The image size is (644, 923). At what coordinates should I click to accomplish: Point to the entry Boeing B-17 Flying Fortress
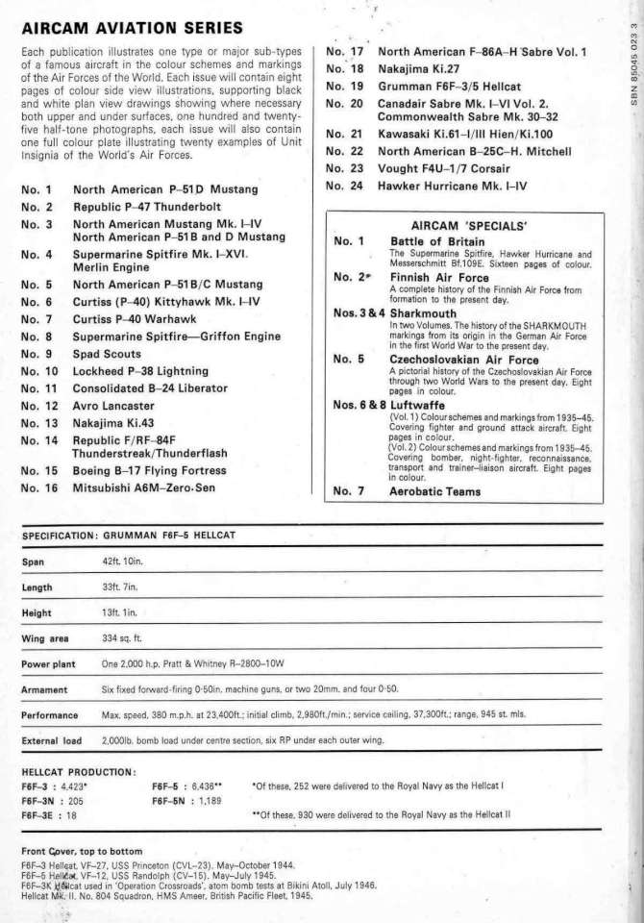[x=157, y=471]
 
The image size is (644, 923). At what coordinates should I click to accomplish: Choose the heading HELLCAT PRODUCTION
[x=84, y=771]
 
